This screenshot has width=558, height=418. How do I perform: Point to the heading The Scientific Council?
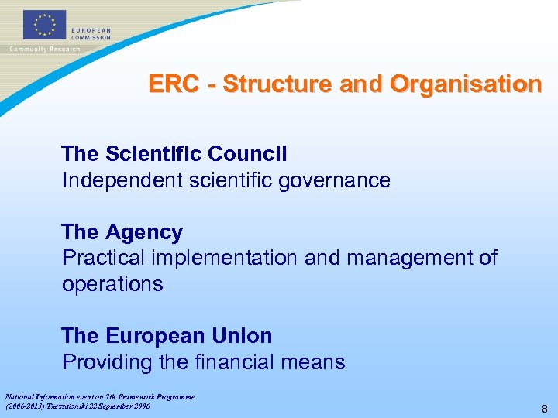coord(174,154)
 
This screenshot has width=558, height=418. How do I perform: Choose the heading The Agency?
coord(122,232)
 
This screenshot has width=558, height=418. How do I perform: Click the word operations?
coord(112,284)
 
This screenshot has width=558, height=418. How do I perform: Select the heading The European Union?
coord(167,336)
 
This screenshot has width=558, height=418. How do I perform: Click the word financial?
coord(242,361)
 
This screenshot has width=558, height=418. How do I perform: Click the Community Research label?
coord(45,49)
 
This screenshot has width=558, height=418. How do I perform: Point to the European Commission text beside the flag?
coord(91,33)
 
